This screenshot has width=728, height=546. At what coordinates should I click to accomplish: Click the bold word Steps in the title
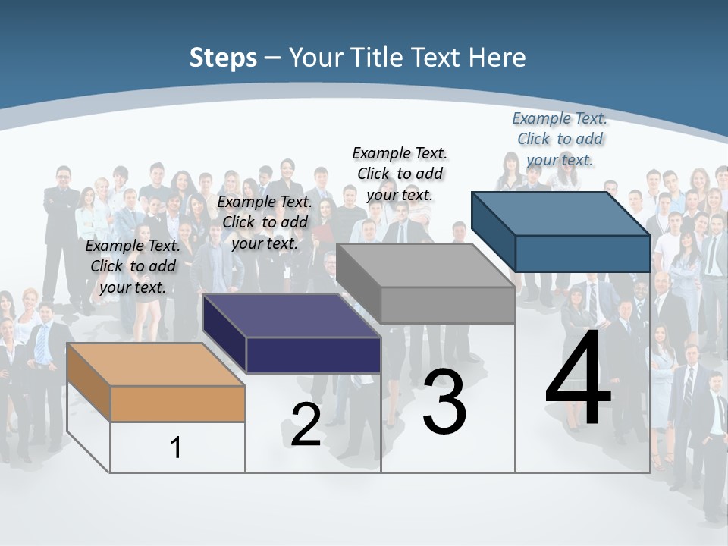[x=223, y=58]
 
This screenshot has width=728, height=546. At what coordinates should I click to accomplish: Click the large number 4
[x=578, y=379]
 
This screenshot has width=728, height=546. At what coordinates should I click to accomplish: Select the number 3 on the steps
[x=444, y=402]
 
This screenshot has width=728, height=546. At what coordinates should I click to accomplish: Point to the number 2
[x=306, y=425]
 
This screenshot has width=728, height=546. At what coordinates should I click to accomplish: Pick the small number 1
[x=176, y=447]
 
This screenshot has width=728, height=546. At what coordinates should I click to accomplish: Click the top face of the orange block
[x=155, y=365]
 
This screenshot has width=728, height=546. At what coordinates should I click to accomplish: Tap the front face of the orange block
[x=177, y=403]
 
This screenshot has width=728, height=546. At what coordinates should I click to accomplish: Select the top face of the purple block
[x=291, y=315]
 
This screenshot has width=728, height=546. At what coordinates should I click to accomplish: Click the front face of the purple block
[x=313, y=355]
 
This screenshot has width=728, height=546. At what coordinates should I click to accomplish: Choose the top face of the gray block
[x=425, y=265]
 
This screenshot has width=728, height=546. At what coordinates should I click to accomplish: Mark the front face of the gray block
[x=447, y=305]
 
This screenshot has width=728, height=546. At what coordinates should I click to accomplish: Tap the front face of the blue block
[x=582, y=253]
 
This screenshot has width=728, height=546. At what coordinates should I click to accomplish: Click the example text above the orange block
[x=133, y=266]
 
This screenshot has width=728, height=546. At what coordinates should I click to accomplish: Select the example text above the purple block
[x=265, y=222]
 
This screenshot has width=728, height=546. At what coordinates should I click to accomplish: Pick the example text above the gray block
[x=400, y=174]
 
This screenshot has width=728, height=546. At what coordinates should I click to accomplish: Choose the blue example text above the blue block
[x=560, y=139]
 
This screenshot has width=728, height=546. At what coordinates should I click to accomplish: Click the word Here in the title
[x=497, y=58]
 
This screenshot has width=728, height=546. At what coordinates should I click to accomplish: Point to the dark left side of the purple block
[x=224, y=334]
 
